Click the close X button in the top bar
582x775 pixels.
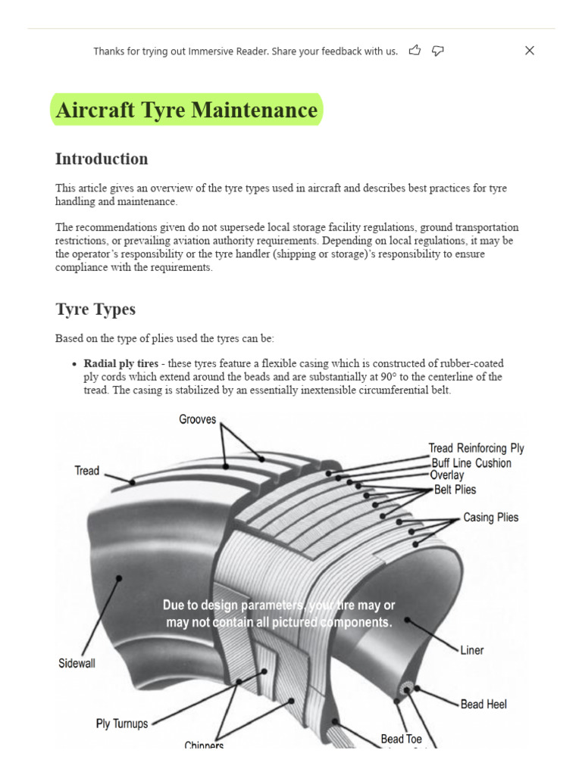point(530,51)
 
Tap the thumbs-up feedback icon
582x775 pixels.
point(415,51)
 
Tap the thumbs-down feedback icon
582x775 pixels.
point(437,51)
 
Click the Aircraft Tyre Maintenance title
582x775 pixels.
point(186,110)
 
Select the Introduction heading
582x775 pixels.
point(102,159)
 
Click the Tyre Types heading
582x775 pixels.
point(95,310)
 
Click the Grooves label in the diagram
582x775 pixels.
point(197,419)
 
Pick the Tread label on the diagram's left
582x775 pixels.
point(86,471)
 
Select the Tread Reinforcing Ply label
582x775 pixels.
point(476,448)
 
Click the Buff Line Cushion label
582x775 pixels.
point(471,462)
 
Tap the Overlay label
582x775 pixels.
point(446,475)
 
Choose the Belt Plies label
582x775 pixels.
point(455,490)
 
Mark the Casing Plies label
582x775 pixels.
point(490,518)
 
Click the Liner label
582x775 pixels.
point(471,650)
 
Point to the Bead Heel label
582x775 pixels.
point(483,704)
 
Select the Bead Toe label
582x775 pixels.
point(401,739)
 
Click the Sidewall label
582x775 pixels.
point(77,664)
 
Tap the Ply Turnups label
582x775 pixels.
point(121,724)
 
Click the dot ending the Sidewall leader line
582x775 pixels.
point(119,578)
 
